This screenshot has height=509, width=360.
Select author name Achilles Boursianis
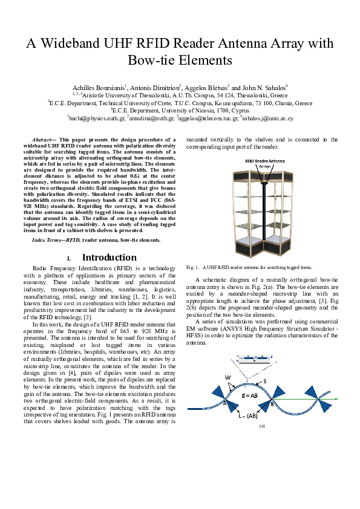click(x=97, y=88)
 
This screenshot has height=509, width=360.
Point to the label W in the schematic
click(x=228, y=378)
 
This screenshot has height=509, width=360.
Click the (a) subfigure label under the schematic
click(x=262, y=426)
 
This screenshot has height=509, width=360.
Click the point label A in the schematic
click(x=224, y=402)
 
